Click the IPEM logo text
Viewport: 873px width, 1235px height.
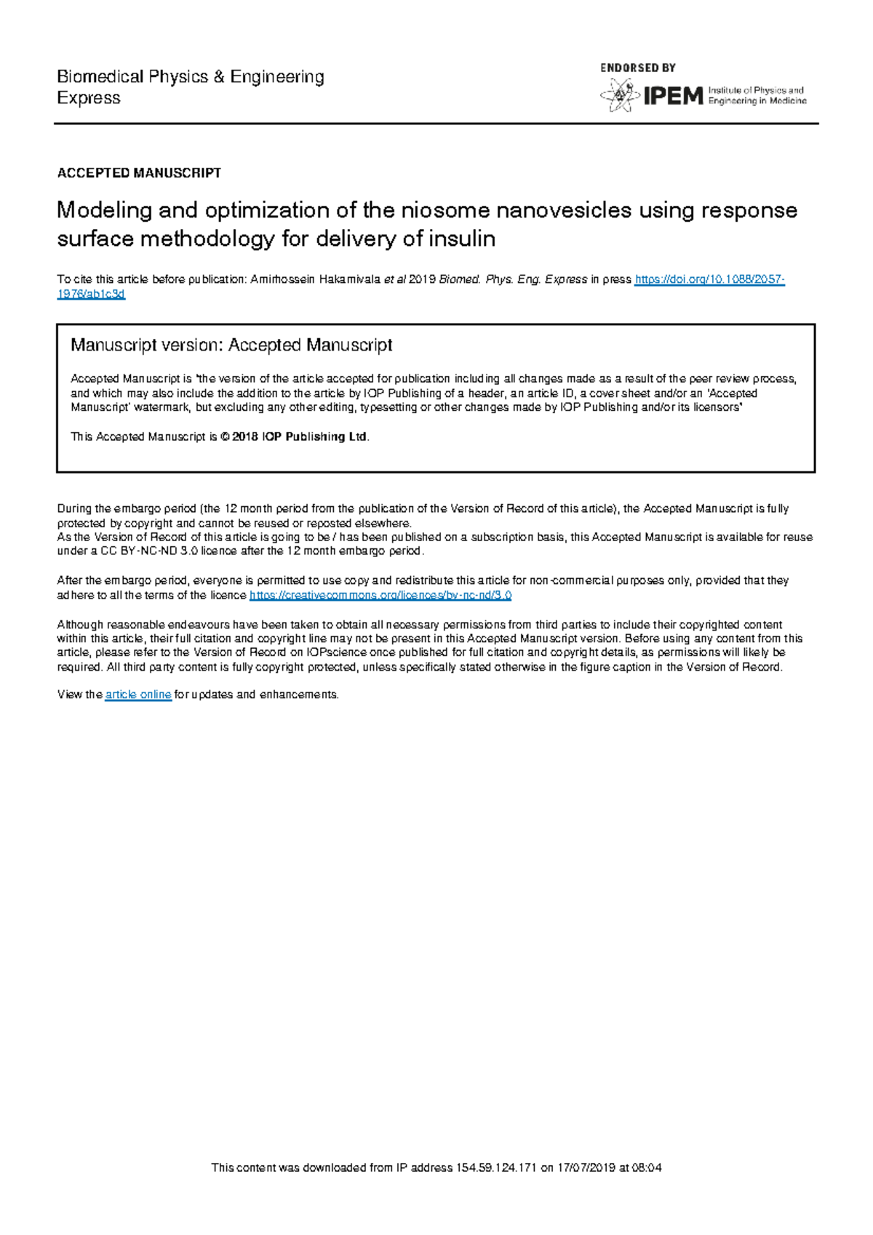(x=673, y=96)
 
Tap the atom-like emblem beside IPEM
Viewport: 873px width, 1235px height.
(x=618, y=96)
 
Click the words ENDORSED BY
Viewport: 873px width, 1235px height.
(x=638, y=68)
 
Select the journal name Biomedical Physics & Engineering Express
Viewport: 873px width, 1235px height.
(x=191, y=87)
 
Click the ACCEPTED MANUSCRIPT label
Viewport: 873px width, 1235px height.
(x=139, y=173)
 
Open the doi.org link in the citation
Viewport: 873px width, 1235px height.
(x=709, y=280)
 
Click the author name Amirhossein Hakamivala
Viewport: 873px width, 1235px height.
(x=315, y=280)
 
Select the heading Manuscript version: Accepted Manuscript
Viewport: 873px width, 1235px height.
(x=231, y=345)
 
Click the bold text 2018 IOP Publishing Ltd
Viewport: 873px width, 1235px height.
(x=299, y=437)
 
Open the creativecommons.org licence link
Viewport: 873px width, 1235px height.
(x=380, y=595)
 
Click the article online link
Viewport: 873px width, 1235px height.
(x=138, y=695)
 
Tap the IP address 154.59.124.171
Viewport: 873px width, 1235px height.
(x=496, y=1168)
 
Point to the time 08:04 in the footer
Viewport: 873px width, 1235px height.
(x=647, y=1168)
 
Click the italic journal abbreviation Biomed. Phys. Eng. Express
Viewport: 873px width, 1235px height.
(x=513, y=280)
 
